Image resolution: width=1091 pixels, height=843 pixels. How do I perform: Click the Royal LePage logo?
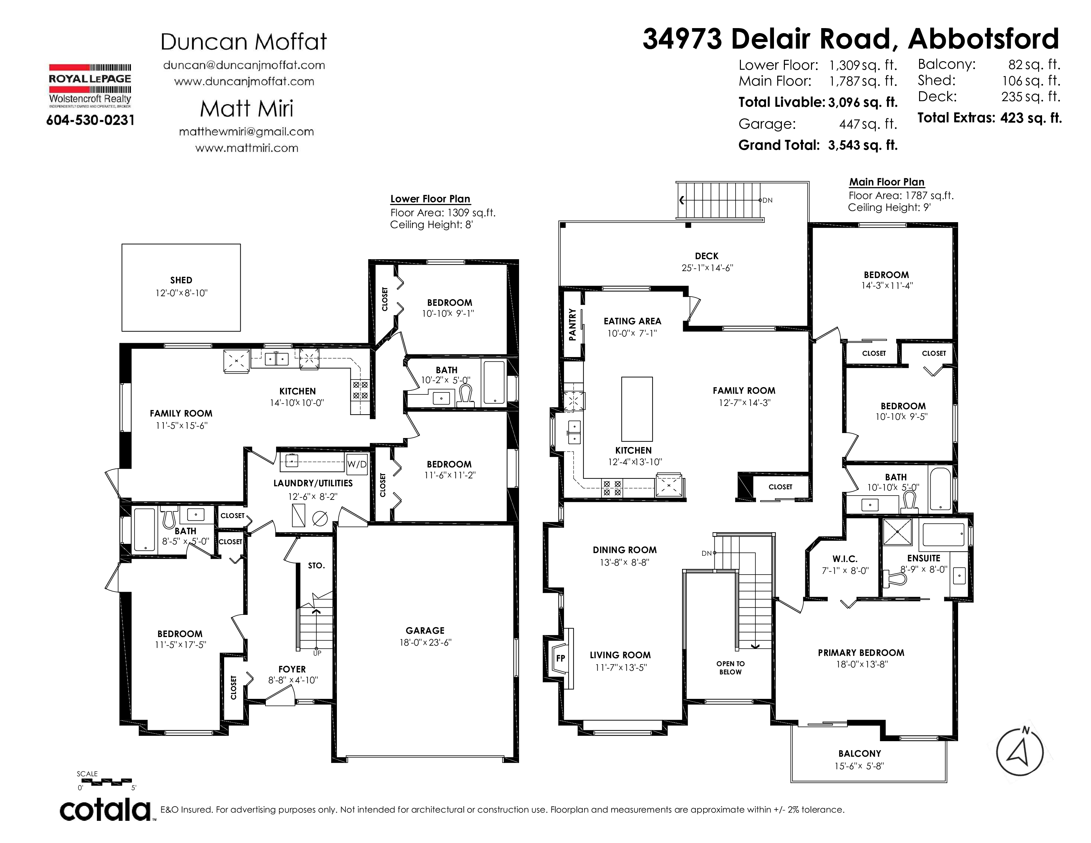[x=90, y=86]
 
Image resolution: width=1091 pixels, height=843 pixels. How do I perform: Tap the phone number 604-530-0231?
[x=90, y=120]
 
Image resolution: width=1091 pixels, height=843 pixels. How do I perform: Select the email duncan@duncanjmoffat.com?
[x=244, y=65]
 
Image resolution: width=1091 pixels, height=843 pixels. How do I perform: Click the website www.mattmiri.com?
[x=247, y=148]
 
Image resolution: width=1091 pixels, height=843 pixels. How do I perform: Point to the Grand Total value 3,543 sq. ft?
[x=863, y=145]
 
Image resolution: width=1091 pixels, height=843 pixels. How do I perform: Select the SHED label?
[x=181, y=280]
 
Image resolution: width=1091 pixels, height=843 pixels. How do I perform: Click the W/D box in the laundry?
[x=357, y=464]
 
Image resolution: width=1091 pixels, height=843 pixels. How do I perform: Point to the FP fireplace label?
[x=560, y=658]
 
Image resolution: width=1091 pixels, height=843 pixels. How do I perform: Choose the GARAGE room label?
[x=425, y=631]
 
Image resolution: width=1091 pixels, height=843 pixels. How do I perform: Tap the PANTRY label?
[x=573, y=325]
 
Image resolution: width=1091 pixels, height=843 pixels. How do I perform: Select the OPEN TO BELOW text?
[x=730, y=668]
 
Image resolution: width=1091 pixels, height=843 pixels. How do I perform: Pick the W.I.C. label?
[x=845, y=559]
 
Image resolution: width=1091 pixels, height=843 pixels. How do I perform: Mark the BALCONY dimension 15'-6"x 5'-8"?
[x=859, y=766]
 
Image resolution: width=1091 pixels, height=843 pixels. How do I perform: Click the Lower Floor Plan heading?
[x=430, y=199]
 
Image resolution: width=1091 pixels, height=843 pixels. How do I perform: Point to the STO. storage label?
[x=316, y=565]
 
